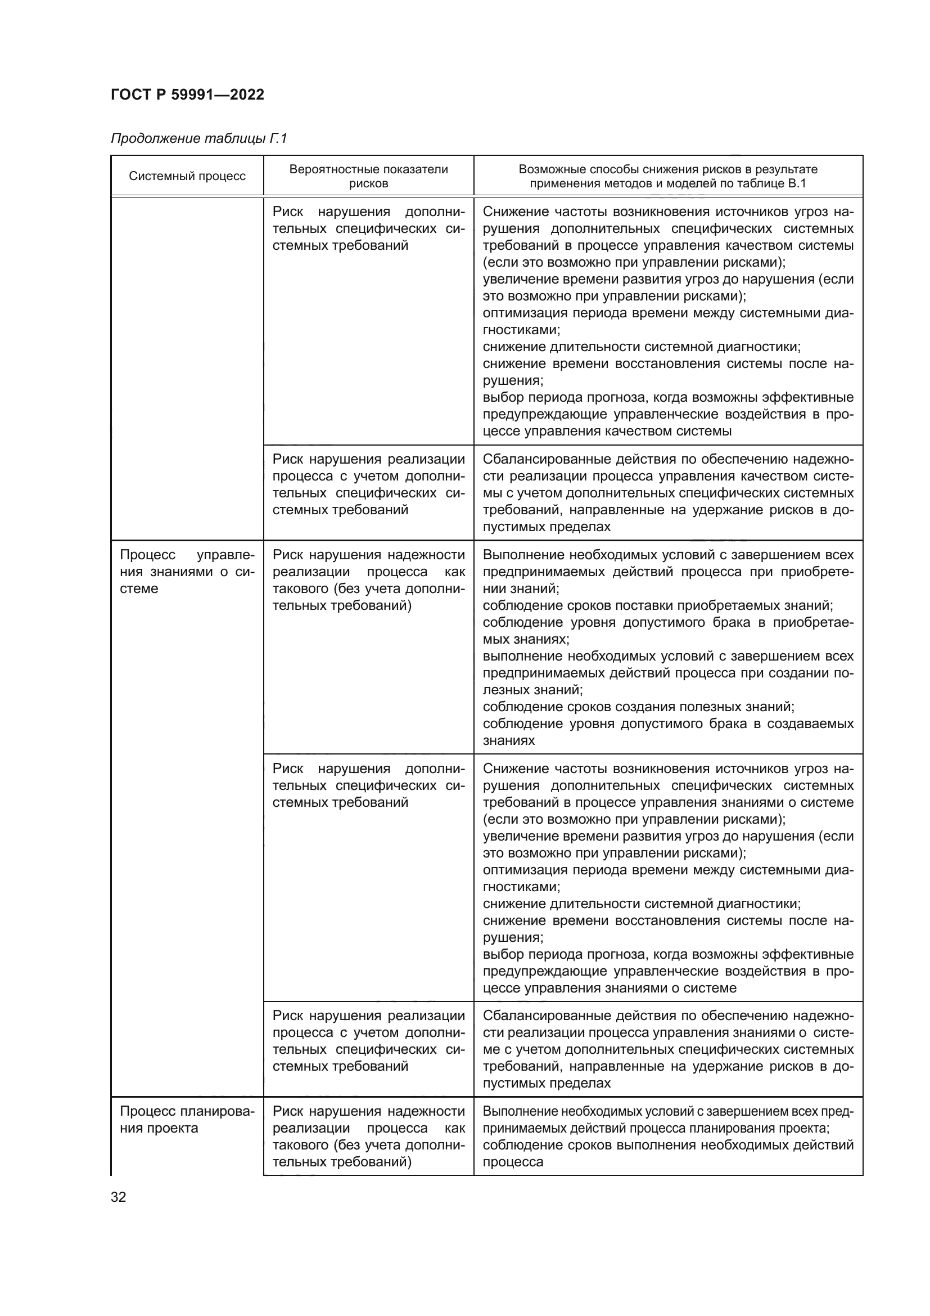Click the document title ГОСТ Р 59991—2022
click(187, 95)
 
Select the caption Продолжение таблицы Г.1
click(198, 139)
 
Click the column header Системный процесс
click(187, 176)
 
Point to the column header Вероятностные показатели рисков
click(368, 176)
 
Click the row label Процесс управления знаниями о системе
click(187, 572)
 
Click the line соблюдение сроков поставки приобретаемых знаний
click(657, 605)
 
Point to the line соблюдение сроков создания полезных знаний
click(638, 707)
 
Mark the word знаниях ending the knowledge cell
click(508, 740)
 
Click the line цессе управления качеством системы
click(607, 431)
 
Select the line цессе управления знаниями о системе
click(610, 988)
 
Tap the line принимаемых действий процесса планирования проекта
click(656, 1129)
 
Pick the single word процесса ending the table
click(513, 1162)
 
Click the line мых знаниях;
click(526, 639)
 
